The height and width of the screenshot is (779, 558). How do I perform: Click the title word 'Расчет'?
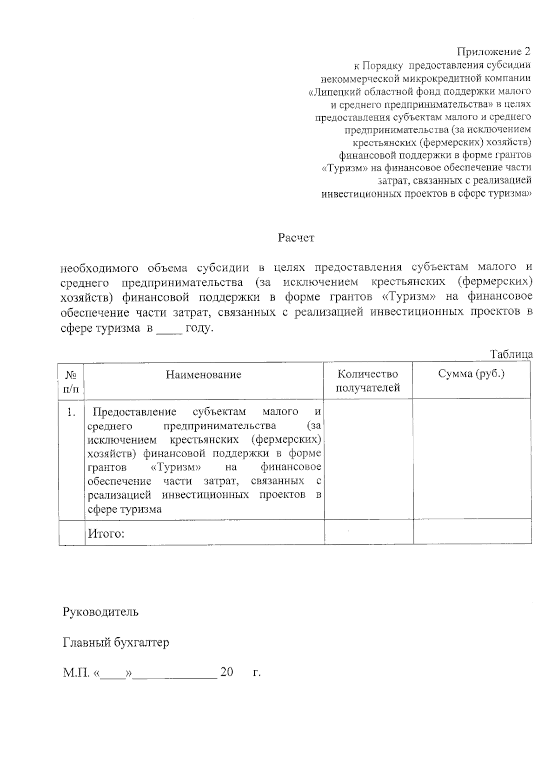point(296,238)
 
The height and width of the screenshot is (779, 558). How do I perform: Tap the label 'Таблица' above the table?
point(511,354)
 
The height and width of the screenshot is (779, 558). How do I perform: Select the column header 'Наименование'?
point(204,374)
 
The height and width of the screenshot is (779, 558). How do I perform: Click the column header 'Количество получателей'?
point(368,381)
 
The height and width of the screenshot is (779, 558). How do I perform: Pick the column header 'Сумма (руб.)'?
point(471,374)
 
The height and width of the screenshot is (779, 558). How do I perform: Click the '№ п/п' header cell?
point(71,381)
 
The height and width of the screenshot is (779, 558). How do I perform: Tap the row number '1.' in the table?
point(71,412)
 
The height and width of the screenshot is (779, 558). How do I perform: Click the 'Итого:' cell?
point(106,533)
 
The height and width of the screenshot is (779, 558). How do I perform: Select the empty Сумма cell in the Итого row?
point(472,532)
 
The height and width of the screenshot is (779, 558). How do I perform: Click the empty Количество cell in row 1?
point(368,459)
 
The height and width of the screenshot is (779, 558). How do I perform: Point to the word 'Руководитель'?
point(100,611)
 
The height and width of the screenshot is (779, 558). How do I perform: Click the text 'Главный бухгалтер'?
point(116,642)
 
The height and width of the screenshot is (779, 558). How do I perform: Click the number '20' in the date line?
point(226,672)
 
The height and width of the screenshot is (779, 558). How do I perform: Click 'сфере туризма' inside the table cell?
point(125,509)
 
